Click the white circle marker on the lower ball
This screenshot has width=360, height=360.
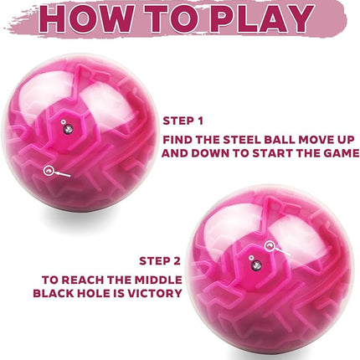click(270, 245)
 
